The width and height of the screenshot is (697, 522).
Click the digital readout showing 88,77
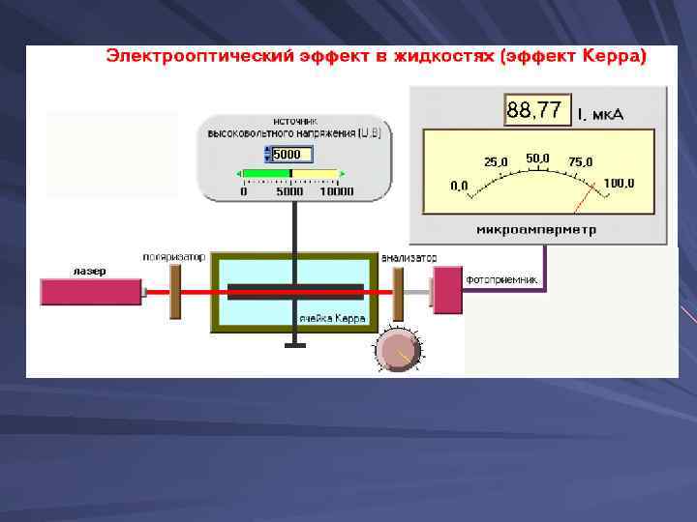point(533,111)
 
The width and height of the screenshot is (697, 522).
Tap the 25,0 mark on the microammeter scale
point(497,161)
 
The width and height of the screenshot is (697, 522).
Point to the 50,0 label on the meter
point(538,157)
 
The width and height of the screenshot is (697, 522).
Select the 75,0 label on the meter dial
point(581,162)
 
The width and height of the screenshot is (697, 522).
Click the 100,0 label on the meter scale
point(619,183)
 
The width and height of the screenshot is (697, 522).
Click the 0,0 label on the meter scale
point(460,184)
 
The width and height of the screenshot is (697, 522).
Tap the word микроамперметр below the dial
point(536,230)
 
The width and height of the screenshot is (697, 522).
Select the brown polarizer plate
point(175,291)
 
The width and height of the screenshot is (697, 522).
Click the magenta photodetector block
point(446,291)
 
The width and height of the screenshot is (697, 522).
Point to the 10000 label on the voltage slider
point(336,191)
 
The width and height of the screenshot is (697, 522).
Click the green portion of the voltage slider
point(266,174)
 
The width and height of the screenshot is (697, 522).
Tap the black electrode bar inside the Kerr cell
point(295,290)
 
